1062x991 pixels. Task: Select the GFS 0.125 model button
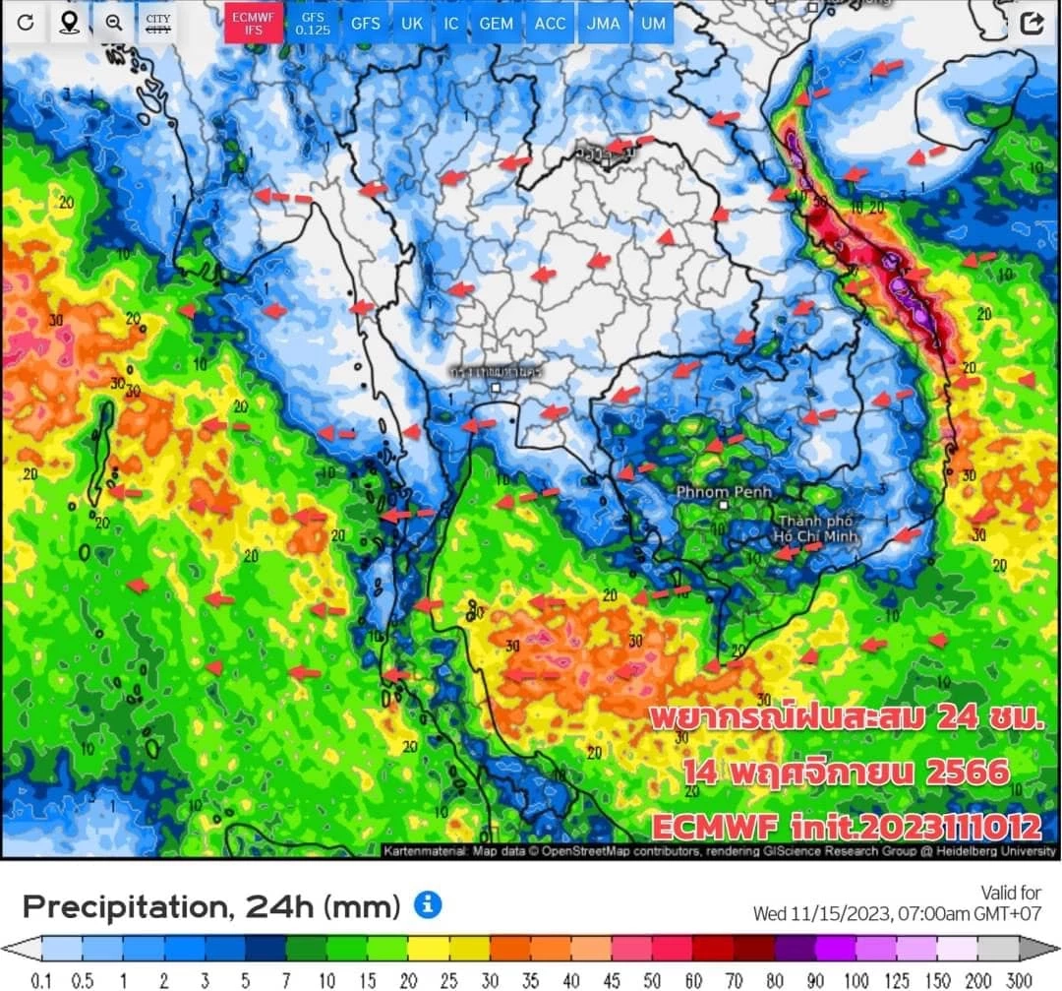[313, 23]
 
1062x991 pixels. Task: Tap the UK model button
[411, 23]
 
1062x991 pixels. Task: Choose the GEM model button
[497, 23]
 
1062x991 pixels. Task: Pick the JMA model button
[603, 23]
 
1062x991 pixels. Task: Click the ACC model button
[551, 23]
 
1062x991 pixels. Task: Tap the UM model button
[652, 23]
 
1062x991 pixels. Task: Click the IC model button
[450, 23]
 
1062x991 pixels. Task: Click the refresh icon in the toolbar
[26, 23]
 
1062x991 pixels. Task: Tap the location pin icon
[69, 23]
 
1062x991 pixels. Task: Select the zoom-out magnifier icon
[113, 23]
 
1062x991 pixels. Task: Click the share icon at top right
[1032, 24]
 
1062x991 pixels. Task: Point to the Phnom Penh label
[724, 491]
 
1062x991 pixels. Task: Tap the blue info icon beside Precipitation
[428, 904]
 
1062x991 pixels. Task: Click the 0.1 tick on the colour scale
[41, 980]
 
